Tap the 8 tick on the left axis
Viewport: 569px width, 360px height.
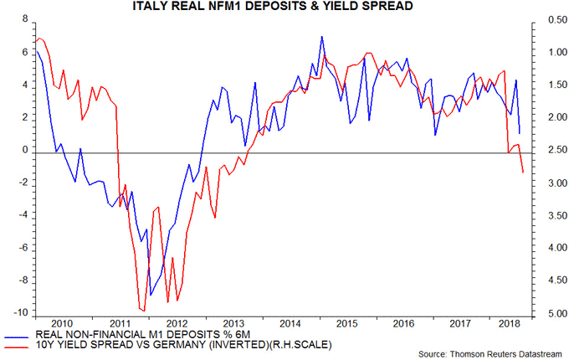[24, 19]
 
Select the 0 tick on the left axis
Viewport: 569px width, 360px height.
[24, 151]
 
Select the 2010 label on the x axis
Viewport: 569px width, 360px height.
[61, 322]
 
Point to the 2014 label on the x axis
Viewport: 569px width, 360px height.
[290, 322]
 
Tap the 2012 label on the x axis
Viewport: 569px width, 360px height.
[176, 322]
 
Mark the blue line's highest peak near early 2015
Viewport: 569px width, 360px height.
[322, 37]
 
